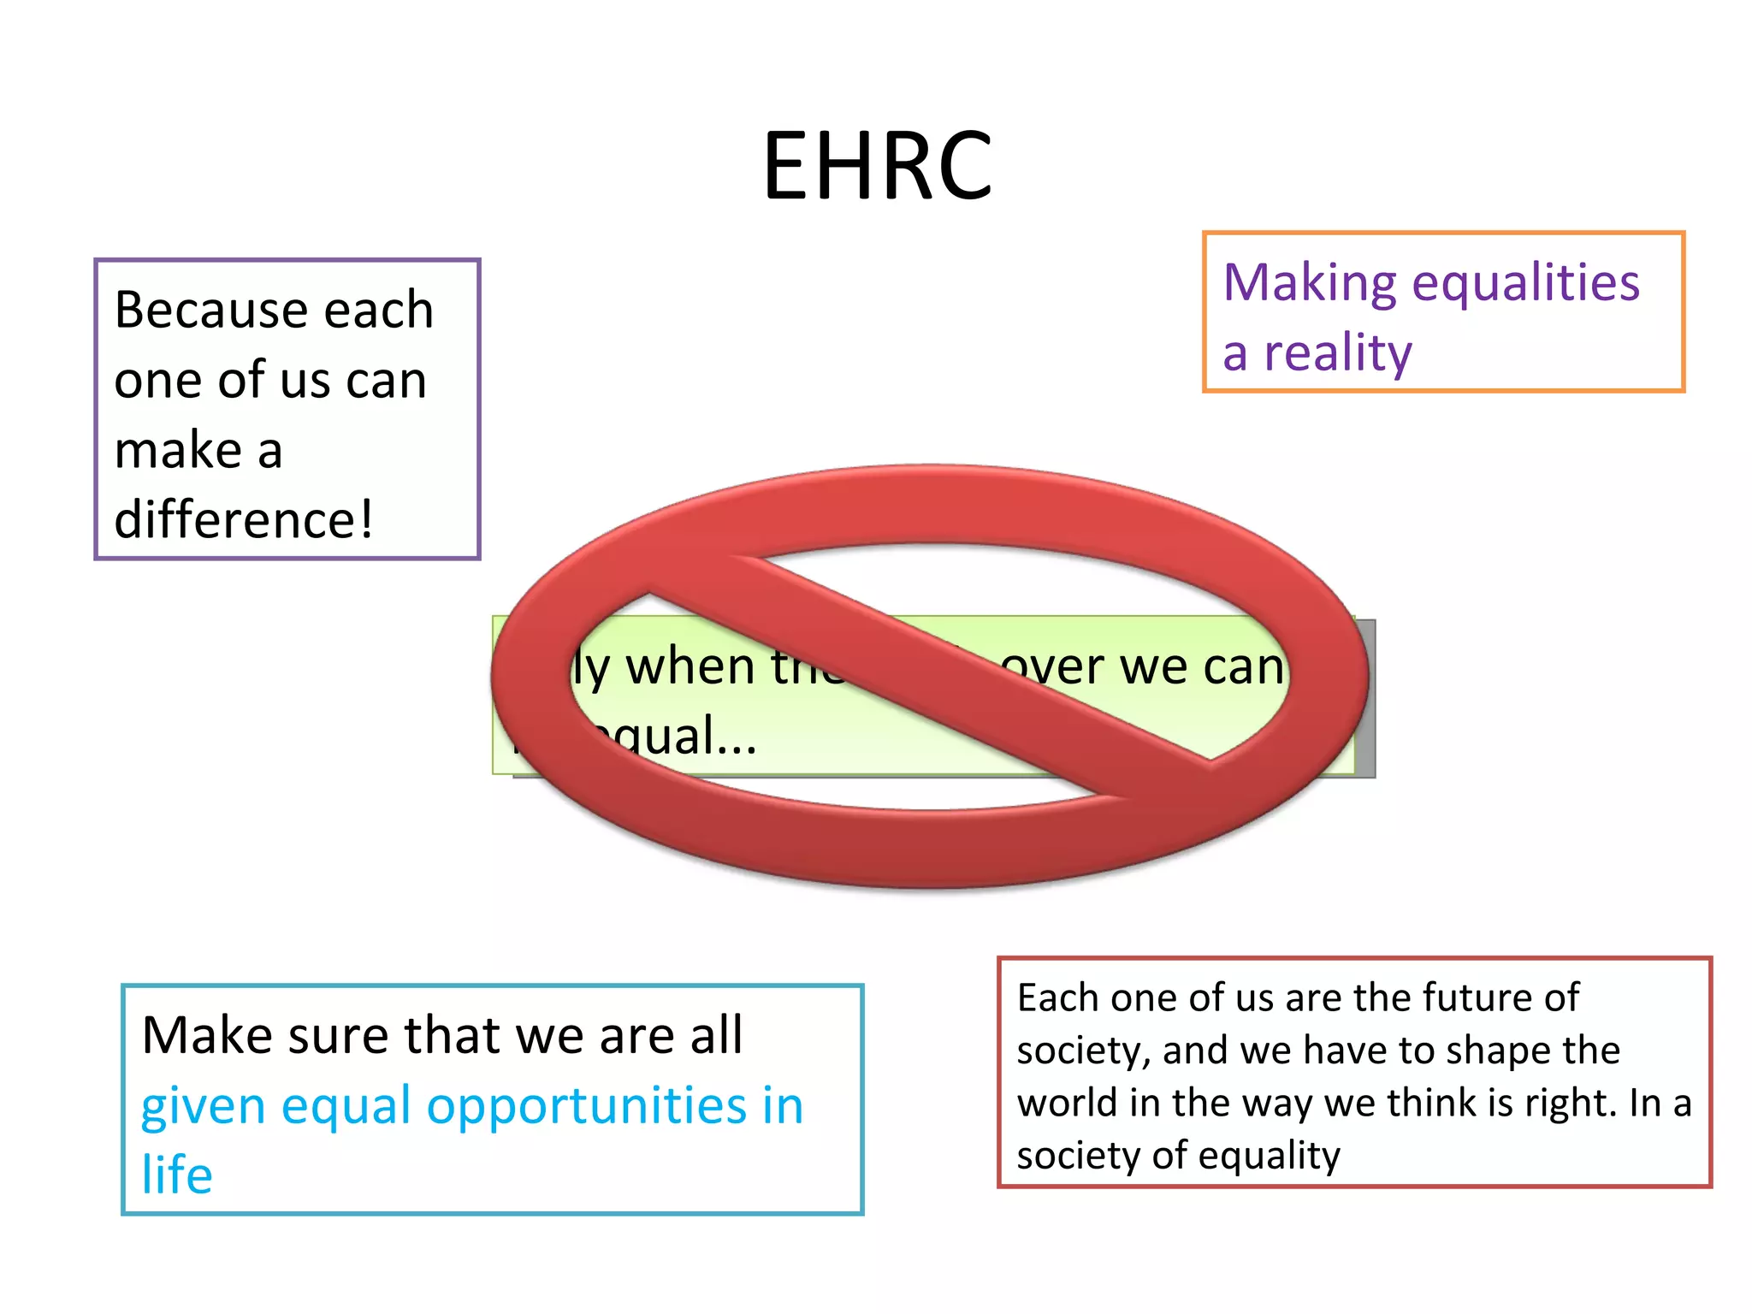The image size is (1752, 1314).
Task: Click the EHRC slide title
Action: point(877,166)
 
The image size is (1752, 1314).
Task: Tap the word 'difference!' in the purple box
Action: point(244,520)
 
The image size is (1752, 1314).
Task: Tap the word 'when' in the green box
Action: point(690,667)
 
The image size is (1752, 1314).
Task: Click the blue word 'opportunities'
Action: point(586,1106)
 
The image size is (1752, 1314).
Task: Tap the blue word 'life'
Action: point(176,1175)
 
